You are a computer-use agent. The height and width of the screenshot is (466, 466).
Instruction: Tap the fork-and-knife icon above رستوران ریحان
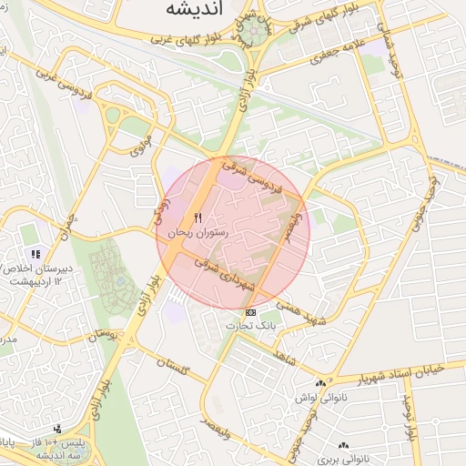pyautogui.click(x=198, y=218)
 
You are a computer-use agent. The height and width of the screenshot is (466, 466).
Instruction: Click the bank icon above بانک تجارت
pyautogui.click(x=251, y=312)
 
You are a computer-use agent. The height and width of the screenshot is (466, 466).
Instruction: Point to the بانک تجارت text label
pyautogui.click(x=251, y=325)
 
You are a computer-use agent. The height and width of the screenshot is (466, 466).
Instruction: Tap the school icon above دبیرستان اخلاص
pyautogui.click(x=35, y=255)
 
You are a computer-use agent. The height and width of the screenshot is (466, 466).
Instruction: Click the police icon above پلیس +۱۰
pyautogui.click(x=57, y=428)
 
